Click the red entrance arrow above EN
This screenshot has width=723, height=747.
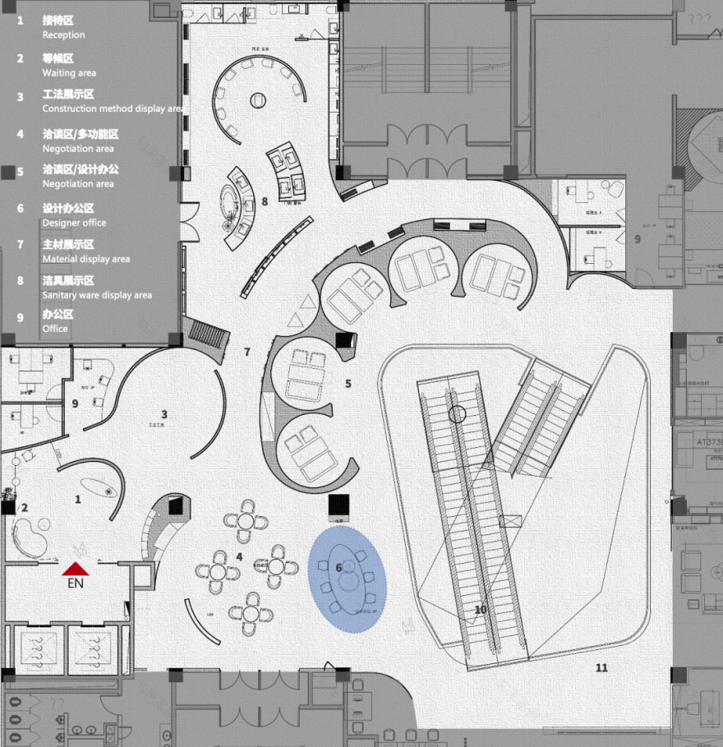coord(76,568)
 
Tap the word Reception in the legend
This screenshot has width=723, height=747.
coord(63,35)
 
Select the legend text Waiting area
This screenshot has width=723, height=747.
coord(69,73)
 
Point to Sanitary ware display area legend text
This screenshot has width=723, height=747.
coord(97,295)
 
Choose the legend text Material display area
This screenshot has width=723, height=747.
coord(86,259)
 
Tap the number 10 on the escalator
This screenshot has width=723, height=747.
coord(481,610)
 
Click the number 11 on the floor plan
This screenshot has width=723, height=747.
coord(601,667)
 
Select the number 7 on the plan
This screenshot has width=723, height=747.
coord(246,352)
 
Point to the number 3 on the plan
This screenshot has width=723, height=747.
coord(164,414)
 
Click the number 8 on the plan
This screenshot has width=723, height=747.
coord(265,201)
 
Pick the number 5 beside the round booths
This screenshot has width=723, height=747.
coord(348,383)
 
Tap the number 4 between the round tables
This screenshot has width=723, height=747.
coord(239,556)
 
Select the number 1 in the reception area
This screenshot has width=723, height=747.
coord(78,499)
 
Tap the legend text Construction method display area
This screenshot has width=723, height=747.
coord(113,108)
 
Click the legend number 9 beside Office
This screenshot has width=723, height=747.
coord(20,316)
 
